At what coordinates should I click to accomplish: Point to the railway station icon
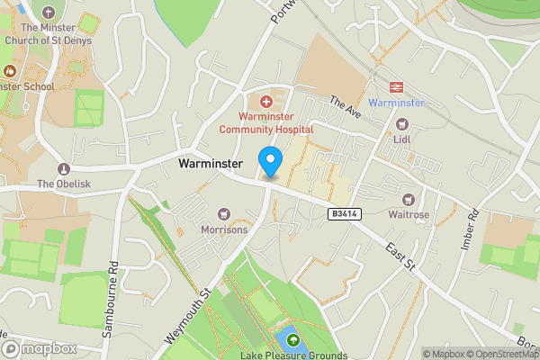[x=394, y=86]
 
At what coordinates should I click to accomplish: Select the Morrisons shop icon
[x=224, y=213]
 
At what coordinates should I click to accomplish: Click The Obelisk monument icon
[x=63, y=169]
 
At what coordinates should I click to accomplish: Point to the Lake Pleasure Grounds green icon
[x=292, y=339]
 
